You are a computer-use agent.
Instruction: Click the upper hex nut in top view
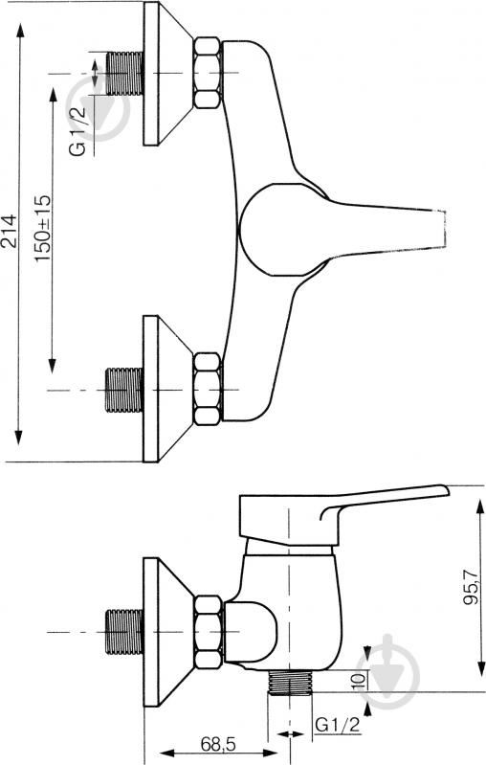pyautogui.click(x=208, y=73)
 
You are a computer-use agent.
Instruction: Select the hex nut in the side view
pyautogui.click(x=208, y=633)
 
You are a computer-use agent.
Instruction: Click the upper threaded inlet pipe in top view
pyautogui.click(x=122, y=73)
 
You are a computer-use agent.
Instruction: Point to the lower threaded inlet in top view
pyautogui.click(x=122, y=390)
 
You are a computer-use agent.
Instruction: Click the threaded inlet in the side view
pyautogui.click(x=122, y=633)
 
